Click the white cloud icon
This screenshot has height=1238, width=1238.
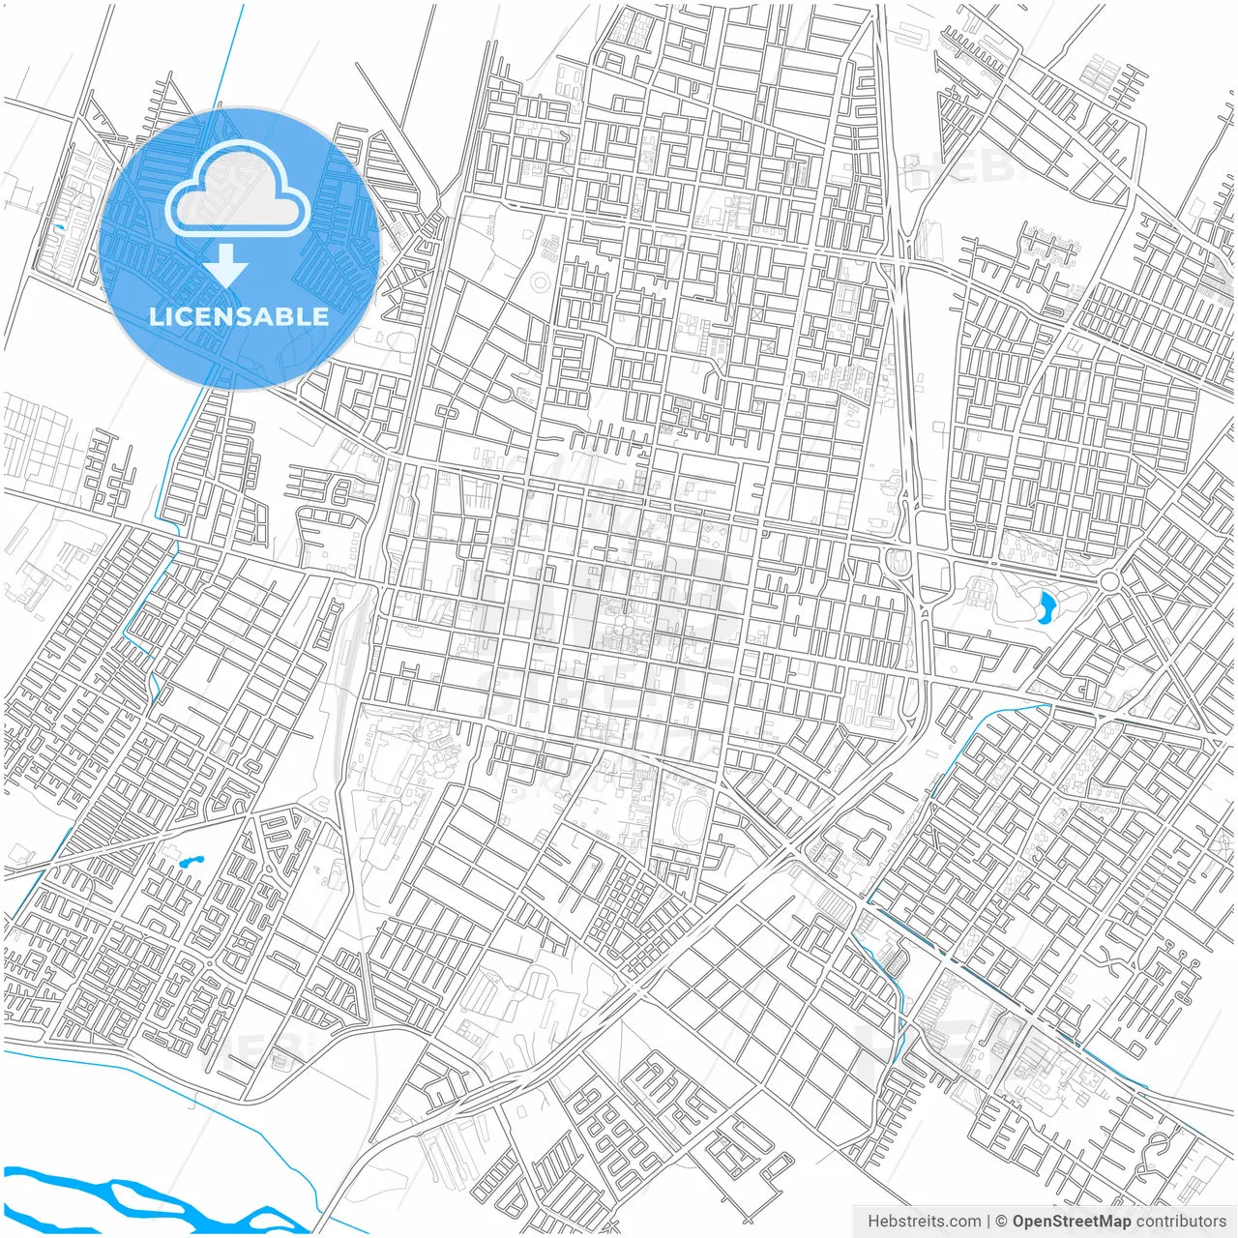click(238, 190)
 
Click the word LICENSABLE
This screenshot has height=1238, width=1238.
click(239, 316)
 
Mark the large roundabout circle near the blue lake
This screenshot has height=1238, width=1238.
click(1108, 581)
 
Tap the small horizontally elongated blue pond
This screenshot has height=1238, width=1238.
click(188, 859)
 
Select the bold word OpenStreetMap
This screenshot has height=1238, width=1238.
click(1071, 1222)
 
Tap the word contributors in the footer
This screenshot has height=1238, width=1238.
click(1180, 1222)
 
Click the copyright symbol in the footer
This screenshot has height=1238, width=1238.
click(1002, 1222)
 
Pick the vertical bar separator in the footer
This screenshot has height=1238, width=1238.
click(988, 1222)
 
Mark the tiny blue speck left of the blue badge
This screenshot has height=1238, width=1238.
click(60, 227)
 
